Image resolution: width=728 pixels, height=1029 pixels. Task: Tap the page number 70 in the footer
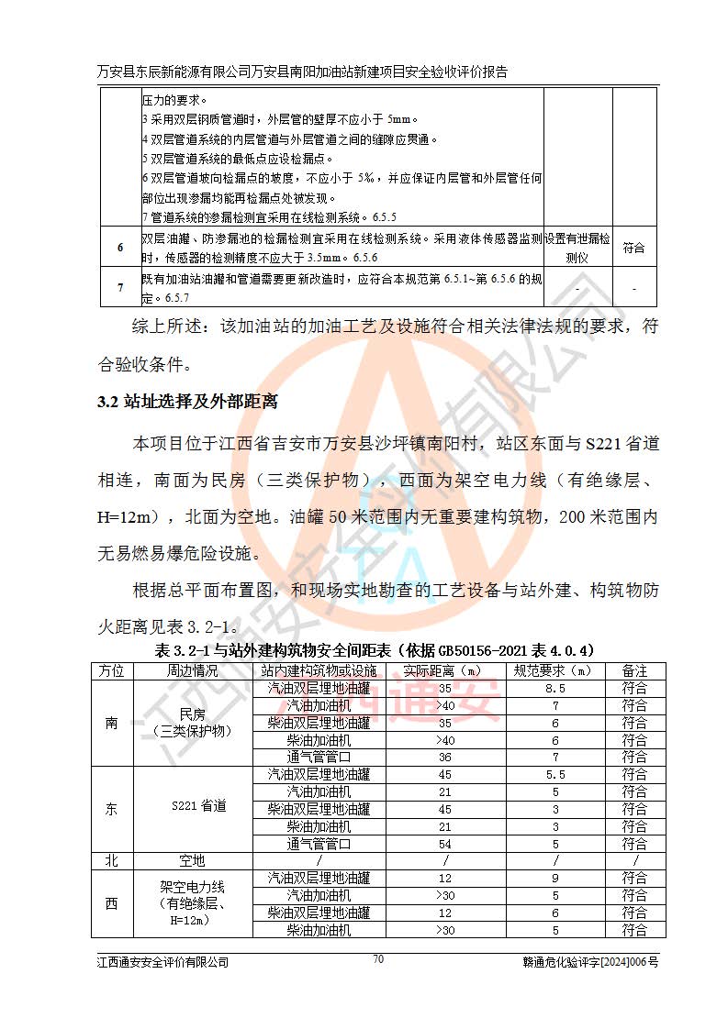pos(377,959)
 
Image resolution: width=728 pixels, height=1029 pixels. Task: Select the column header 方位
pos(112,671)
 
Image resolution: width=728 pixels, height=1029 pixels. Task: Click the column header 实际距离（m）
pos(445,671)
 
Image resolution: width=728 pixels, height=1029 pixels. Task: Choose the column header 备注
pos(634,671)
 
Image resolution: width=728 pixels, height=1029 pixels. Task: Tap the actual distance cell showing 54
pos(445,844)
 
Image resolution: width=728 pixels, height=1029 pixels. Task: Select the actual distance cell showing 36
pos(445,758)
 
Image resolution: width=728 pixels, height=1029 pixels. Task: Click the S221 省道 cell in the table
pos(193,808)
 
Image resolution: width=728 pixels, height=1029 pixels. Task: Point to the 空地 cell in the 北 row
pos(193,861)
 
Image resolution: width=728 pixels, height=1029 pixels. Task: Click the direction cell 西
pos(112,903)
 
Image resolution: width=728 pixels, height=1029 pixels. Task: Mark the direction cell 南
pos(112,723)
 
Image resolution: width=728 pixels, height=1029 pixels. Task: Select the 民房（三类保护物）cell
pos(193,723)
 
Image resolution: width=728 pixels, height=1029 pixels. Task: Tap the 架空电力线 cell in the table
pos(193,903)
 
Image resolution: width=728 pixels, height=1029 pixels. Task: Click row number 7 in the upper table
pos(120,288)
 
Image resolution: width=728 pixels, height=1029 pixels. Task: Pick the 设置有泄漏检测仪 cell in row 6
pos(577,248)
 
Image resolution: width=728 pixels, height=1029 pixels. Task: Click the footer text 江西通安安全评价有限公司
pos(162,962)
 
